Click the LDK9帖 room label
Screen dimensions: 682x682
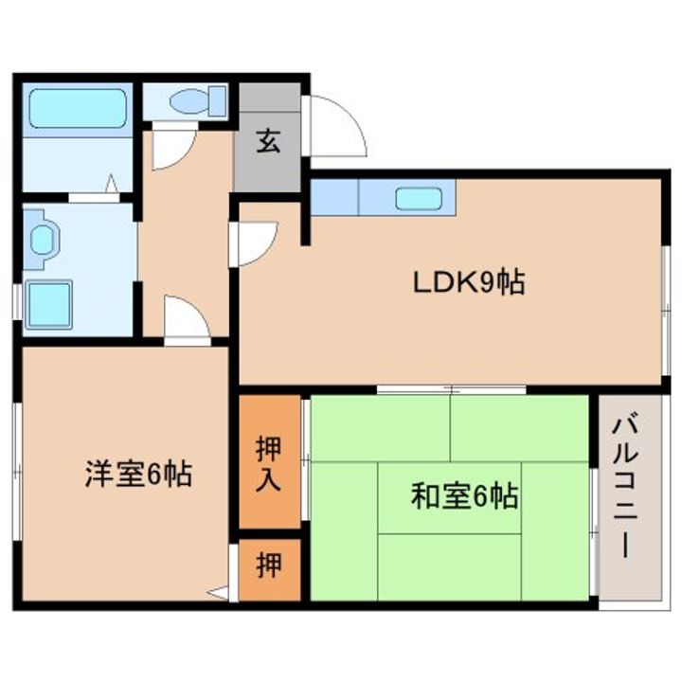tap(468, 281)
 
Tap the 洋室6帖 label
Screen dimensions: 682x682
tap(138, 474)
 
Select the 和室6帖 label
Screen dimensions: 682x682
tap(463, 495)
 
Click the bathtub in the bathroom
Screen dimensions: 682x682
tap(77, 109)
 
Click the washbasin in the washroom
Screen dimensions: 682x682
tap(43, 238)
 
